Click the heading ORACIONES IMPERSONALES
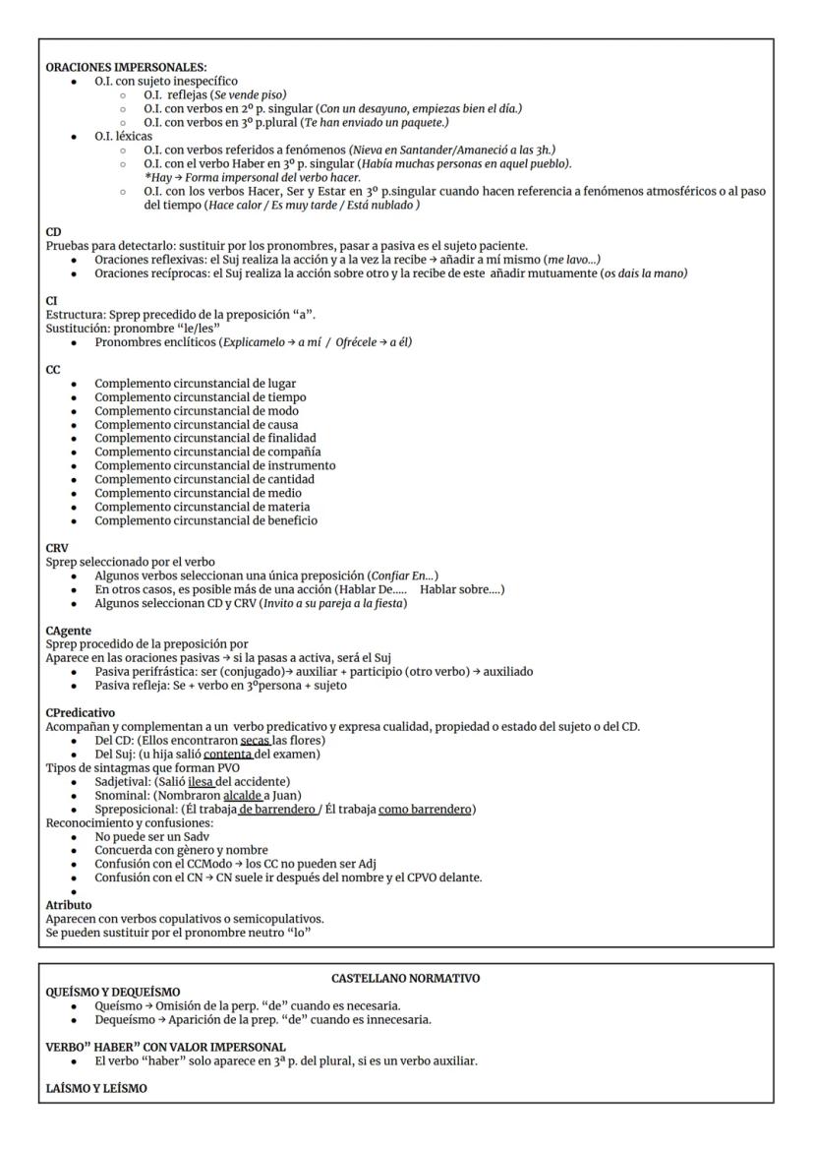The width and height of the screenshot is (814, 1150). coord(127,66)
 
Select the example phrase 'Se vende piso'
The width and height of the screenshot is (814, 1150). coord(220,93)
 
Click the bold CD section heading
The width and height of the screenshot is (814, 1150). coord(54,232)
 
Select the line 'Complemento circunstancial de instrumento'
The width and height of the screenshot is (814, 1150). coord(215,465)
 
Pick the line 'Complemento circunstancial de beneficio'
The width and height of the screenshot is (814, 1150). coord(206,520)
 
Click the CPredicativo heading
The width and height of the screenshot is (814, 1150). coord(81,712)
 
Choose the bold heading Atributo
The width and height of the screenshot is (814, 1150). coord(69,904)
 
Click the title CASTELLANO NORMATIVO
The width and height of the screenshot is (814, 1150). coord(406,979)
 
